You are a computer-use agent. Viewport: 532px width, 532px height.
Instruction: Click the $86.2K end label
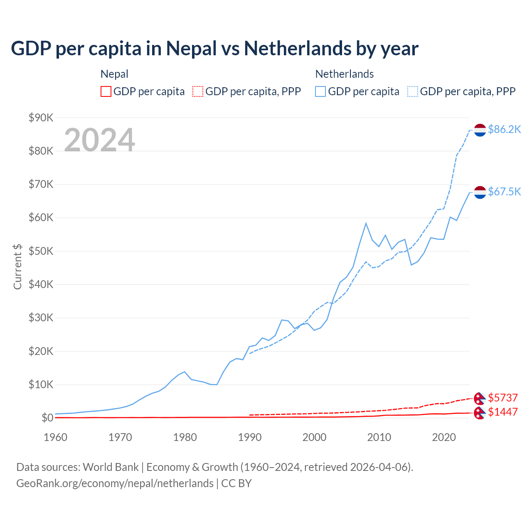click(504, 130)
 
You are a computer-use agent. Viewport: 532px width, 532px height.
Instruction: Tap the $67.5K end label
click(504, 192)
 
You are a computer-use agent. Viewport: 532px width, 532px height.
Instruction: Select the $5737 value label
click(502, 398)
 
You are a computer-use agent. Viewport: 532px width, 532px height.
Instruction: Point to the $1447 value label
click(502, 412)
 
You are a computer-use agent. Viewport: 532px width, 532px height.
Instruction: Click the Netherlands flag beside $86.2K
click(480, 130)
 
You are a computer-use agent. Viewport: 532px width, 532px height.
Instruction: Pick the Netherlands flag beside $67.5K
click(480, 192)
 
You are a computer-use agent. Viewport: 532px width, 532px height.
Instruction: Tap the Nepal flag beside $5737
click(480, 398)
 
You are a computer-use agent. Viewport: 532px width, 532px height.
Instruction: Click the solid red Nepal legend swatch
click(106, 91)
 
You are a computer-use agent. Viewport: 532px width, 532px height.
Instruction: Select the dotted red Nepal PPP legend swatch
click(198, 91)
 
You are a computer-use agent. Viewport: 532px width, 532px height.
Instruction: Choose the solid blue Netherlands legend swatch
click(320, 91)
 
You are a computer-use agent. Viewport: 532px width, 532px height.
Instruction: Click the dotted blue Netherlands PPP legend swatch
click(413, 91)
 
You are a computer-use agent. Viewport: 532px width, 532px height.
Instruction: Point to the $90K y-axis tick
click(41, 118)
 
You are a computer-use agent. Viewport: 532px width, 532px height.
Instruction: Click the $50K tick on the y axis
click(41, 251)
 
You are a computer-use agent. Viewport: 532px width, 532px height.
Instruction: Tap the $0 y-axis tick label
click(47, 418)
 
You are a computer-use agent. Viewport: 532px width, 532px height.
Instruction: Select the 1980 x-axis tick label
click(185, 437)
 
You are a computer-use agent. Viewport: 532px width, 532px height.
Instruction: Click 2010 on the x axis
click(379, 437)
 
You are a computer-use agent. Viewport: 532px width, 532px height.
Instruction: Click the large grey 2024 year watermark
click(100, 140)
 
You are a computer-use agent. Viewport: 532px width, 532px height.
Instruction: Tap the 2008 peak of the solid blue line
click(366, 223)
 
